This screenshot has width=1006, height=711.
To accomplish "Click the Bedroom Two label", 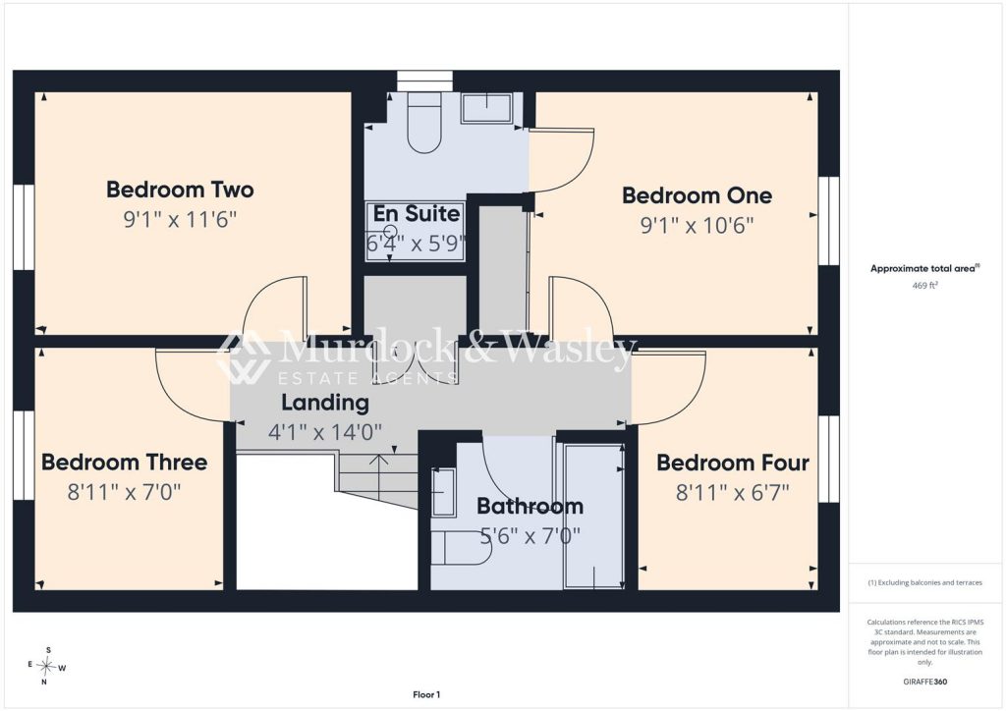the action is (x=180, y=190).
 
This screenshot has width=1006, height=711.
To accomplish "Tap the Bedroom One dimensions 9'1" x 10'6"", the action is (x=697, y=226).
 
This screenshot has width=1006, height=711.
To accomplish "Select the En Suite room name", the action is (x=417, y=213).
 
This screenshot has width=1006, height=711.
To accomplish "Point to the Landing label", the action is (x=325, y=403).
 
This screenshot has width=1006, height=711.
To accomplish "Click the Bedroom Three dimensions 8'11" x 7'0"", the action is (x=125, y=492).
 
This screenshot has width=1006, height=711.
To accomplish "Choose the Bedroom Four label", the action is (x=733, y=463).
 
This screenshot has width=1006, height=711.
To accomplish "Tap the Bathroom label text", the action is (x=530, y=507).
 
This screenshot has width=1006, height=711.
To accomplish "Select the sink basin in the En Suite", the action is (x=486, y=108).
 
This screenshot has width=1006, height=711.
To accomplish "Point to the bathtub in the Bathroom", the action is (x=593, y=516).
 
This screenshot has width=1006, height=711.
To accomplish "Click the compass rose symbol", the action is (x=47, y=667).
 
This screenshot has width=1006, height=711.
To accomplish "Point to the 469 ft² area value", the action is (x=924, y=286).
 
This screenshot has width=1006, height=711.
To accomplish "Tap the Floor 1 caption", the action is (x=426, y=694).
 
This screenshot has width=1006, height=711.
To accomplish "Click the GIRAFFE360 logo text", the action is (x=924, y=682).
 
